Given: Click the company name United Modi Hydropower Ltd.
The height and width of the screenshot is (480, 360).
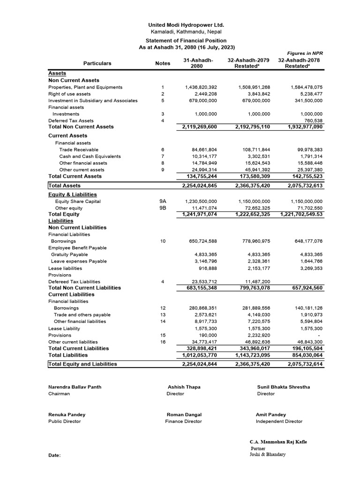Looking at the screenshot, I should (186, 25).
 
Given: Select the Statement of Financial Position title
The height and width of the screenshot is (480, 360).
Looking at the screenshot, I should (187, 41).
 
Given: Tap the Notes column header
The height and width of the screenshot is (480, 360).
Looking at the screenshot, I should (162, 63).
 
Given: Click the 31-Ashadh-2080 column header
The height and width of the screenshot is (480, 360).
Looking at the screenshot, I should (199, 63).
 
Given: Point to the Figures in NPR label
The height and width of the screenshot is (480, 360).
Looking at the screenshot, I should (305, 53).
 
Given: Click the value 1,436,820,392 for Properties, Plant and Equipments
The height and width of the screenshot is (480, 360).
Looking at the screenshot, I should (201, 87).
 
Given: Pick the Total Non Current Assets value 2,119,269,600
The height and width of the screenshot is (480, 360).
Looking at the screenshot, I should (199, 127).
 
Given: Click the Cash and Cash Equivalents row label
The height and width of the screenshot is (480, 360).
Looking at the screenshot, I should (90, 157).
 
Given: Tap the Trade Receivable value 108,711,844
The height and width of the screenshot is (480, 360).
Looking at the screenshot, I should (254, 150).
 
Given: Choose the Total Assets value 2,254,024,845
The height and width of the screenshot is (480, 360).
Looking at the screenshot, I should (199, 186).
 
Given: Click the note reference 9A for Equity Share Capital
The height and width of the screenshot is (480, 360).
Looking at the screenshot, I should (163, 201).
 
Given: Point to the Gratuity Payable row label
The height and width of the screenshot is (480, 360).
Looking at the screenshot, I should (70, 255).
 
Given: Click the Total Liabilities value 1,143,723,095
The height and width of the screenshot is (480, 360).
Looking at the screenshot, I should (252, 355).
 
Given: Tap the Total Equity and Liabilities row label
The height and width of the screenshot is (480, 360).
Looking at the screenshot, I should (83, 364).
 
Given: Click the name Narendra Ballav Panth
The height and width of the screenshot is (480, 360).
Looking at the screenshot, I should (75, 387).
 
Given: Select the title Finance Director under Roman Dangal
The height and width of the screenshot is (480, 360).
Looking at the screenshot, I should (183, 421).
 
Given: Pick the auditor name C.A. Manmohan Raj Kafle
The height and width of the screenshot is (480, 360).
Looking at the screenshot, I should (278, 442).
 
